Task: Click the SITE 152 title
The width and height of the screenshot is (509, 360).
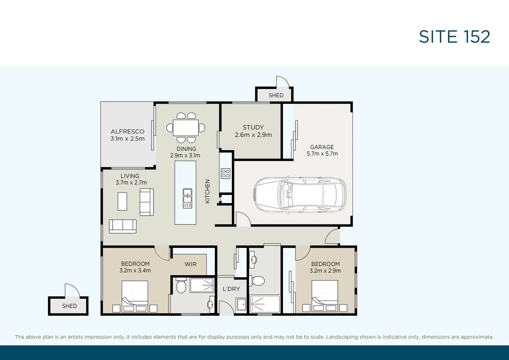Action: [x=454, y=37]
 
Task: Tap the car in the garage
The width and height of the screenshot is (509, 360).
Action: [x=300, y=195]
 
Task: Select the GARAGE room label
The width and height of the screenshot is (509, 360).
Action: [x=322, y=147]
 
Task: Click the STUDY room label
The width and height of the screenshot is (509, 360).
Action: [x=253, y=127]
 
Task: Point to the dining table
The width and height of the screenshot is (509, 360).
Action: [x=186, y=128]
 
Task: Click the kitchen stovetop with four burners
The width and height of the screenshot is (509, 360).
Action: [x=226, y=174]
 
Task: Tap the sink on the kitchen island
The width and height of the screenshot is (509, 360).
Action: [x=187, y=198]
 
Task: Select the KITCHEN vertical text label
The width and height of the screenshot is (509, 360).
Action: [x=208, y=191]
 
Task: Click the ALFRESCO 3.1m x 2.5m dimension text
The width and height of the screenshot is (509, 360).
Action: [x=127, y=139]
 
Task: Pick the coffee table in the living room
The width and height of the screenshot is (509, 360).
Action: [x=122, y=201]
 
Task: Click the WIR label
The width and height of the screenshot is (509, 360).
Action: [x=190, y=264]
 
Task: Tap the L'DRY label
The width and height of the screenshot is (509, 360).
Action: [x=231, y=289]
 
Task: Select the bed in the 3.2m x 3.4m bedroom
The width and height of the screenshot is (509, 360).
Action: [x=135, y=295]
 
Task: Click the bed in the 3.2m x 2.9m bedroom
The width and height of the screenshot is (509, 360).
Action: [x=325, y=295]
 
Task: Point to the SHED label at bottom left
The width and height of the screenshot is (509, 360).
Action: [x=70, y=306]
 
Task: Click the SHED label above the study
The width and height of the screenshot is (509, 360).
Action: [x=276, y=95]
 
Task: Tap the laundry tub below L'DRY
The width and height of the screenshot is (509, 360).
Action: [x=241, y=304]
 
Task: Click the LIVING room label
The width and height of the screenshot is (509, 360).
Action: [x=130, y=176]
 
